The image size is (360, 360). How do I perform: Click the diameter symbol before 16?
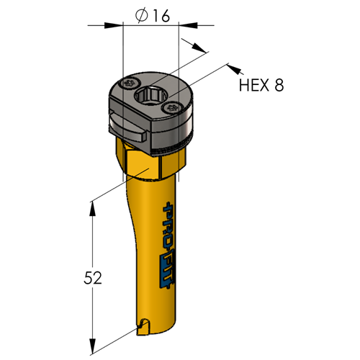pos(141,16)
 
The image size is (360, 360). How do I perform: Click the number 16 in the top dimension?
pos(161,16)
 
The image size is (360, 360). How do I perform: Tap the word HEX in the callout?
pos(253,85)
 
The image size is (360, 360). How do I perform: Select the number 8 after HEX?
pos(279,85)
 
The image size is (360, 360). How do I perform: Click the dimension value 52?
pos(93,278)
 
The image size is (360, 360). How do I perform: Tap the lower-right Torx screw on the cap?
pos(171,108)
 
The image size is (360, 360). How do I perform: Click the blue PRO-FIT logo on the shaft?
pos(168,246)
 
